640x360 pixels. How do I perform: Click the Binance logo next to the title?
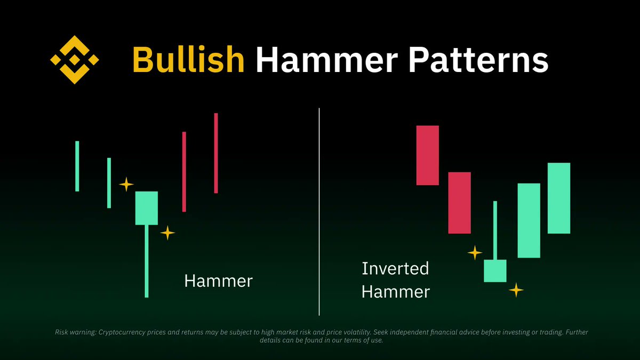[75, 60]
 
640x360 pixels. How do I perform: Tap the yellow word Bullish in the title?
[188, 60]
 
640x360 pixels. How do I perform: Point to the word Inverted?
[395, 268]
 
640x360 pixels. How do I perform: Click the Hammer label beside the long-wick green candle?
[218, 281]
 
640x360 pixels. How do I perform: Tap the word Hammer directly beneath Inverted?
[395, 292]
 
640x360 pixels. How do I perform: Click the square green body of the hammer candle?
[147, 208]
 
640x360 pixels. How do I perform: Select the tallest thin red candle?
[216, 153]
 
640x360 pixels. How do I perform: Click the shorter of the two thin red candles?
[184, 172]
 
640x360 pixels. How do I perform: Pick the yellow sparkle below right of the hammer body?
[167, 233]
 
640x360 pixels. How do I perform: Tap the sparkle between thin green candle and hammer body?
[126, 185]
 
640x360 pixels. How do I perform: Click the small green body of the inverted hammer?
[495, 271]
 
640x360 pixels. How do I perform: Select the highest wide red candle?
[427, 155]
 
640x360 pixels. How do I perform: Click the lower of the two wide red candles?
[459, 203]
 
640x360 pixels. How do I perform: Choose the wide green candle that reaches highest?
[559, 198]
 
